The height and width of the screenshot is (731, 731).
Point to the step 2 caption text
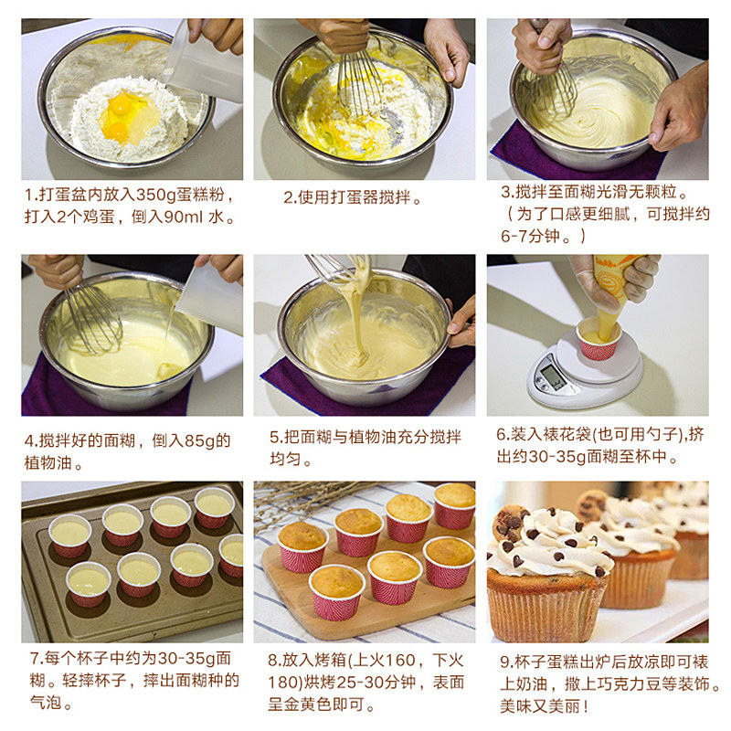tap(352, 197)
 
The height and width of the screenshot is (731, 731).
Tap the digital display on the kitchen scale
tap(554, 376)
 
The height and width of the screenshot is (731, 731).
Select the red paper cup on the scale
tap(599, 339)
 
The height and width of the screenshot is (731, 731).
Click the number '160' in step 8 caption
tap(399, 660)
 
